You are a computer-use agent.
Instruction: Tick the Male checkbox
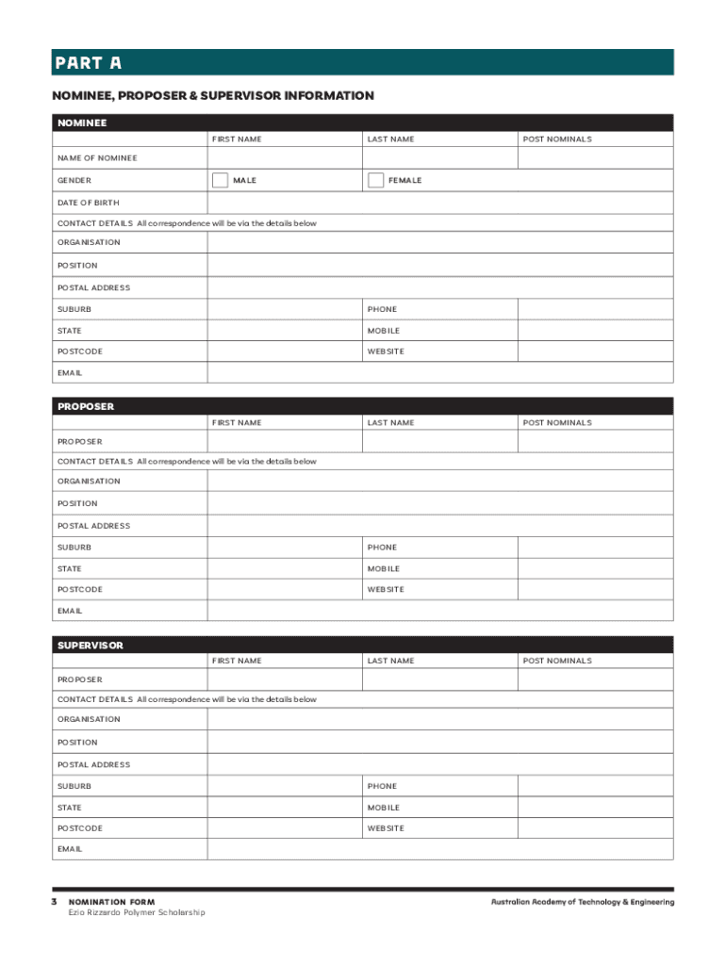pos(220,180)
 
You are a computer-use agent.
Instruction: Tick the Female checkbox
pos(375,180)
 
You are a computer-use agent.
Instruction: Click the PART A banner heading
pos(363,63)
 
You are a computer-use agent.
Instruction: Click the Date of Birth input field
pos(440,203)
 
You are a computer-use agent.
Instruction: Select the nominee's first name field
pos(285,158)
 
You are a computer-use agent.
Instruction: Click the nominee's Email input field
pos(440,372)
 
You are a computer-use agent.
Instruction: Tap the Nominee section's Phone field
pos(596,309)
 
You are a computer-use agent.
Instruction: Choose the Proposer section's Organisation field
pos(440,481)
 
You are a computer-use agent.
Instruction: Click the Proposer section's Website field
pos(596,589)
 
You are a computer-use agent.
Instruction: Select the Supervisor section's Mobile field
pos(596,808)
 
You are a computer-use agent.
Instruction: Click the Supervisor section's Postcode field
pos(285,828)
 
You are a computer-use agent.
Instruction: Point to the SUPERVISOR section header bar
pos(363,646)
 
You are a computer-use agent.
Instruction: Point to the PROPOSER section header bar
pos(363,407)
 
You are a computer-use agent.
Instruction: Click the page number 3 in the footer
pos(55,902)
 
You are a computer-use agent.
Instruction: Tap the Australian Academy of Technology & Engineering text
pos(582,902)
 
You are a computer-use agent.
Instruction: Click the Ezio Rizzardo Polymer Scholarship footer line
pos(136,912)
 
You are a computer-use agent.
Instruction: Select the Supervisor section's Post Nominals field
pos(596,679)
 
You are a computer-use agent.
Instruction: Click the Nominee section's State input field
pos(285,331)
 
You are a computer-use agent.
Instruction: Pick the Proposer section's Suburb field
pos(285,548)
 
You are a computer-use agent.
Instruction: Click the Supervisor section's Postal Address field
pos(440,764)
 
